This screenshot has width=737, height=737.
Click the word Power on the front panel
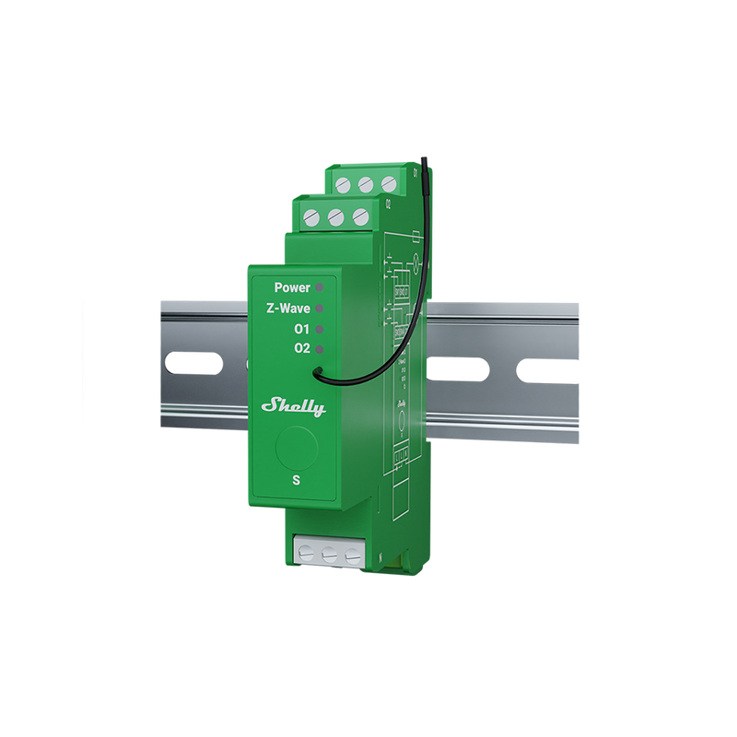(292, 287)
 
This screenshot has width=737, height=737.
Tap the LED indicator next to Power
(320, 287)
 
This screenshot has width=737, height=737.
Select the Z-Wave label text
(287, 309)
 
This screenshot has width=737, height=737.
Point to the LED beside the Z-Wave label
(320, 309)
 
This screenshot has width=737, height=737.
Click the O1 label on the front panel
(300, 329)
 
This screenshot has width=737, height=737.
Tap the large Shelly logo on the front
(294, 405)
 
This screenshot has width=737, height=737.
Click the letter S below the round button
(295, 480)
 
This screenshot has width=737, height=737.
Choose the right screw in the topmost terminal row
(388, 182)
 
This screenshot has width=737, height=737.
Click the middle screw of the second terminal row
(336, 217)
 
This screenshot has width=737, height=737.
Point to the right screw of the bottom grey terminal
(350, 556)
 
